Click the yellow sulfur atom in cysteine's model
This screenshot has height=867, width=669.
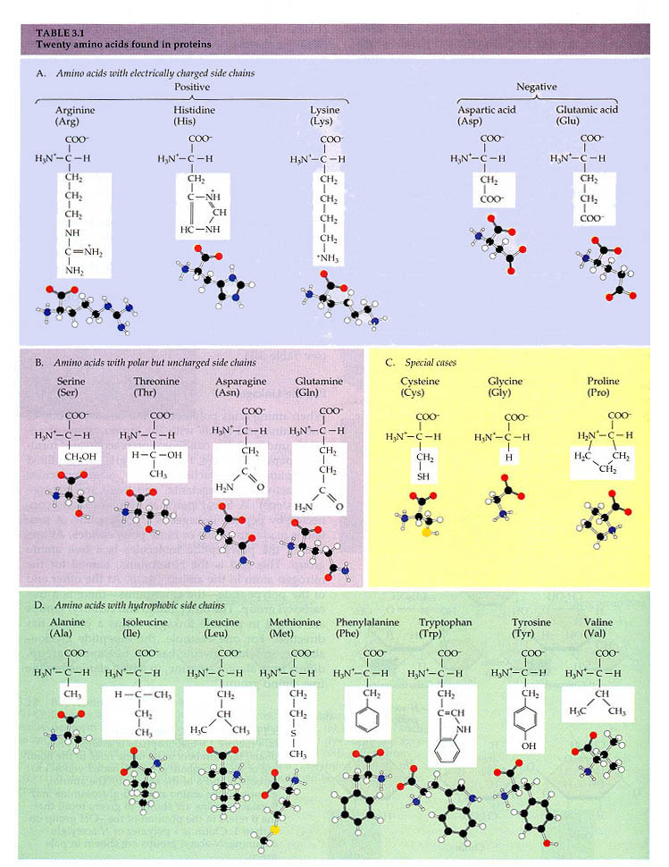coord(428,533)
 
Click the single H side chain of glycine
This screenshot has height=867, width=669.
coord(508,456)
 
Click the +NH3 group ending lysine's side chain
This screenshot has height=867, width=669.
coord(331,258)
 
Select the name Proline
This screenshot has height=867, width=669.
coord(604,382)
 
